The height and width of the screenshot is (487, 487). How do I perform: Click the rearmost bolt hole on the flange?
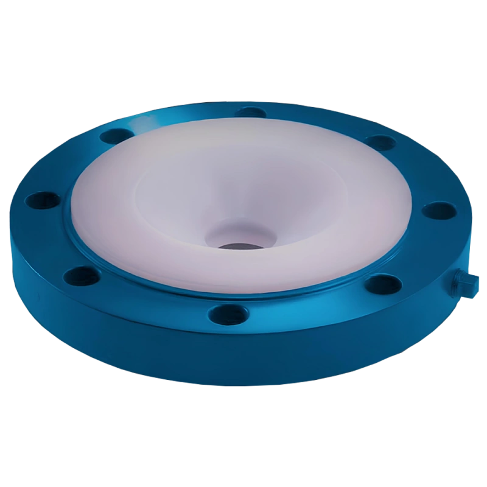[x=250, y=112]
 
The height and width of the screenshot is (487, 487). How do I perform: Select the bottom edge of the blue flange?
[x=243, y=388]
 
